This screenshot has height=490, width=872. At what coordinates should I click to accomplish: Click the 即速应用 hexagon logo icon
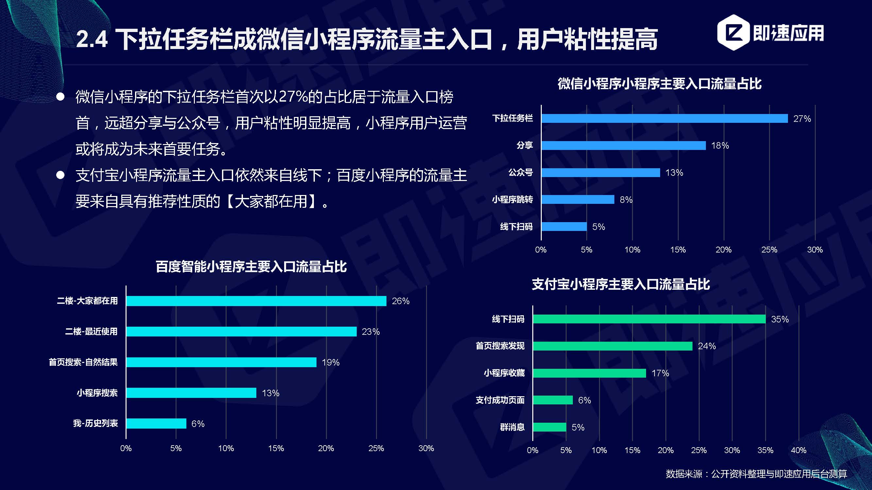tap(732, 32)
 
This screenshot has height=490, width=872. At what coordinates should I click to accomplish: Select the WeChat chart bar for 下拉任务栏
tap(664, 118)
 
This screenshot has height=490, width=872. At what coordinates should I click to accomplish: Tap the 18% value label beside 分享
tap(720, 146)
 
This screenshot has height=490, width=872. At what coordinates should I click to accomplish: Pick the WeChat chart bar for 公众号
tap(601, 172)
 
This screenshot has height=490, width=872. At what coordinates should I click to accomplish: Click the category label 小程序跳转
tap(512, 200)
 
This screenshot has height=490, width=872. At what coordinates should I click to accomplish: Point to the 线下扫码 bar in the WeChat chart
tap(564, 227)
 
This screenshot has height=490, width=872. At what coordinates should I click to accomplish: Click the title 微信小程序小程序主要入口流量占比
tap(659, 84)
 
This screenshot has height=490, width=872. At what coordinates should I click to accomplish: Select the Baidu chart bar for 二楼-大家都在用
tap(256, 301)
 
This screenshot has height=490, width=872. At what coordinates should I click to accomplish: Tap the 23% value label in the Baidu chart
tap(371, 332)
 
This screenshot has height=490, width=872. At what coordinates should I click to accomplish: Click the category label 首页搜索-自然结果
tap(83, 362)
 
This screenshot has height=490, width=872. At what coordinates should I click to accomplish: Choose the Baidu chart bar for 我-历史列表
tap(156, 423)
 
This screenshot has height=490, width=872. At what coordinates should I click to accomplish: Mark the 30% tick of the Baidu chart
tap(426, 449)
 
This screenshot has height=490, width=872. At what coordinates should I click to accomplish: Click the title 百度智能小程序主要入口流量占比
tap(251, 267)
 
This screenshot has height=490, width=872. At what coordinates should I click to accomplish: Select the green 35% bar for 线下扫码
tap(649, 319)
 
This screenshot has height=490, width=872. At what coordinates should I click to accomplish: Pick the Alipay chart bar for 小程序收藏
tap(590, 373)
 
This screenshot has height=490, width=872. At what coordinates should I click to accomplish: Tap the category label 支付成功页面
tap(500, 400)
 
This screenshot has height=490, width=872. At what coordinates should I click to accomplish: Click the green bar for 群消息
tap(549, 427)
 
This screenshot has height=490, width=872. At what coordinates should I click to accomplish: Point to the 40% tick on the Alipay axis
tap(798, 450)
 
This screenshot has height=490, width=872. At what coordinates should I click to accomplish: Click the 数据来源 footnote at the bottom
tap(756, 474)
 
